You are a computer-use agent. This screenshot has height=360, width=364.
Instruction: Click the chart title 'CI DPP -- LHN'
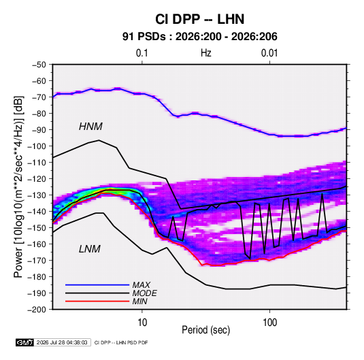pyautogui.click(x=199, y=19)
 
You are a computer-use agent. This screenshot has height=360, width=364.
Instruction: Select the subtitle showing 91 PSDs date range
pyautogui.click(x=199, y=37)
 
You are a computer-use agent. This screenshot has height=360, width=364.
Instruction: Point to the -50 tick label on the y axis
pyautogui.click(x=39, y=65)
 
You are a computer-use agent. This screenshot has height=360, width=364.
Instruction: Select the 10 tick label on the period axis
pyautogui.click(x=142, y=323)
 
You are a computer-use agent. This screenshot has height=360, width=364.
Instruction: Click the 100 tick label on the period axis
pyautogui.click(x=269, y=323)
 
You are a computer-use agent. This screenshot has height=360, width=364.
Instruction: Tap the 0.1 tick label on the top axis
pyautogui.click(x=142, y=53)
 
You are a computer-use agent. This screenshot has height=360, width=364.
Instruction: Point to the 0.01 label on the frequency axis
pyautogui.click(x=269, y=53)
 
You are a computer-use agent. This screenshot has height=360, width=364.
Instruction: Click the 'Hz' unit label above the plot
pyautogui.click(x=206, y=53)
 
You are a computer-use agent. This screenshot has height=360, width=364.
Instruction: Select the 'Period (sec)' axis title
pyautogui.click(x=206, y=330)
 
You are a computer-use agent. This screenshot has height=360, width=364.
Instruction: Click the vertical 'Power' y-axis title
pyautogui.click(x=18, y=187)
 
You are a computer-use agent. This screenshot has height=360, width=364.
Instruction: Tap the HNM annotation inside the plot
pyautogui.click(x=90, y=127)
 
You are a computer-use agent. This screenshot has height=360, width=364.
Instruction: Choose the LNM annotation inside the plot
pyautogui.click(x=90, y=249)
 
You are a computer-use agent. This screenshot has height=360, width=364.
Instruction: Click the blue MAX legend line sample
pyautogui.click(x=97, y=284)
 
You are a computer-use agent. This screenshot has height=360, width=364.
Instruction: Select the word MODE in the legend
pyautogui.click(x=145, y=293)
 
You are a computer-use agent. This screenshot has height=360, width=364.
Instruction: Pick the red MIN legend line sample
pyautogui.click(x=97, y=301)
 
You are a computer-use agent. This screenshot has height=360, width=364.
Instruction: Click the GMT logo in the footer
pyautogui.click(x=25, y=342)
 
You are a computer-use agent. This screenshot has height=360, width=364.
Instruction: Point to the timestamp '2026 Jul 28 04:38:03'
pyautogui.click(x=62, y=342)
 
